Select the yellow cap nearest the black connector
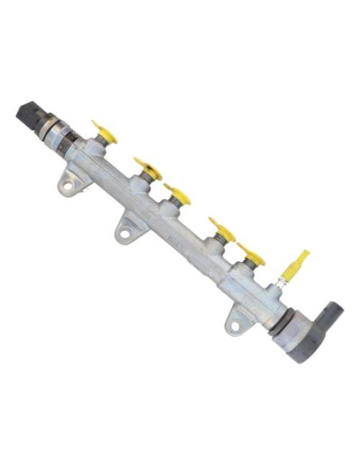(104, 132)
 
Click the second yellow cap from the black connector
(148, 168)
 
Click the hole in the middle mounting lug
(123, 234)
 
